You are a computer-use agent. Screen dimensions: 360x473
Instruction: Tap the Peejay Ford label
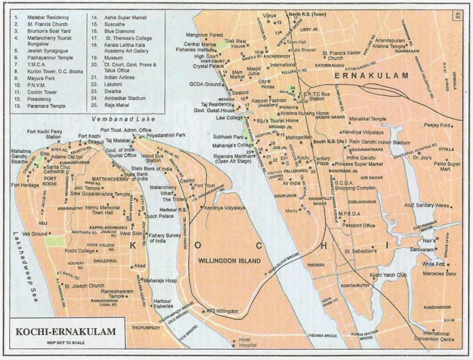pos(437,125)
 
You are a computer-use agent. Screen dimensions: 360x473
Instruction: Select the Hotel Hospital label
pos(248,343)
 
